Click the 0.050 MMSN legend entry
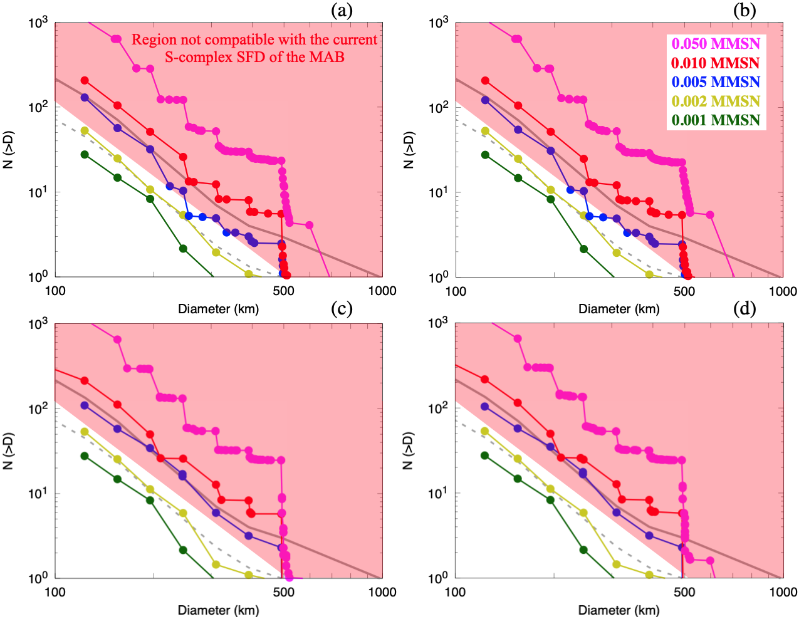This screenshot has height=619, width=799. (x=716, y=44)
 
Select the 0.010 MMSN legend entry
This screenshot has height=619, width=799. (x=716, y=63)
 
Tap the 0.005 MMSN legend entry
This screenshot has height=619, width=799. (x=716, y=82)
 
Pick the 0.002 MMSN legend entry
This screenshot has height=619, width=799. (x=716, y=101)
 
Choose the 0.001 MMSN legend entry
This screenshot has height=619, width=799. (x=716, y=120)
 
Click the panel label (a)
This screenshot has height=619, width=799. (x=342, y=10)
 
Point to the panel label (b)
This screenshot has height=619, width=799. (x=744, y=10)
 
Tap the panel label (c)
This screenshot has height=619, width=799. (x=342, y=308)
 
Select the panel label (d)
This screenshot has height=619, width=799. (x=744, y=308)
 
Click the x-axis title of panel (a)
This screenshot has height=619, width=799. (x=218, y=309)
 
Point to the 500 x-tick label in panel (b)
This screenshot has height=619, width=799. (x=684, y=291)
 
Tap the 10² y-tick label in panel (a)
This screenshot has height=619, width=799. (x=38, y=107)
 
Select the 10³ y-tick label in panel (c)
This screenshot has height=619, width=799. (x=38, y=324)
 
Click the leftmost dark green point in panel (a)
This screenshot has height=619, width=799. (x=85, y=154)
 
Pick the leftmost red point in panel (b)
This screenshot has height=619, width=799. (x=485, y=81)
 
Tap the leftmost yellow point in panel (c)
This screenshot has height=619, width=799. (x=85, y=432)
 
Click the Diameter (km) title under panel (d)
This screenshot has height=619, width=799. (x=619, y=610)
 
